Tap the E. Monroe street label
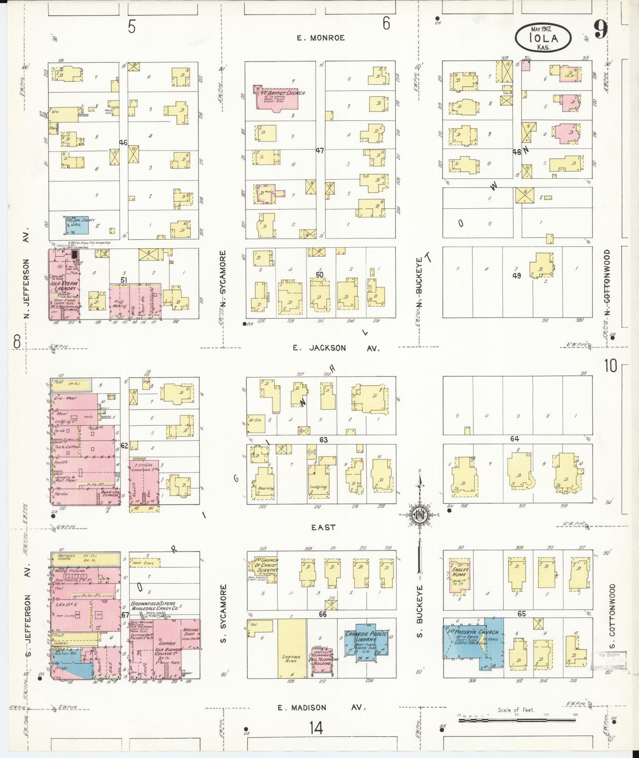[x=321, y=38]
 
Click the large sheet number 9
[x=600, y=30]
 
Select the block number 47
[x=320, y=151]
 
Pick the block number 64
[x=514, y=439]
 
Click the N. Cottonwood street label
[x=607, y=283]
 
